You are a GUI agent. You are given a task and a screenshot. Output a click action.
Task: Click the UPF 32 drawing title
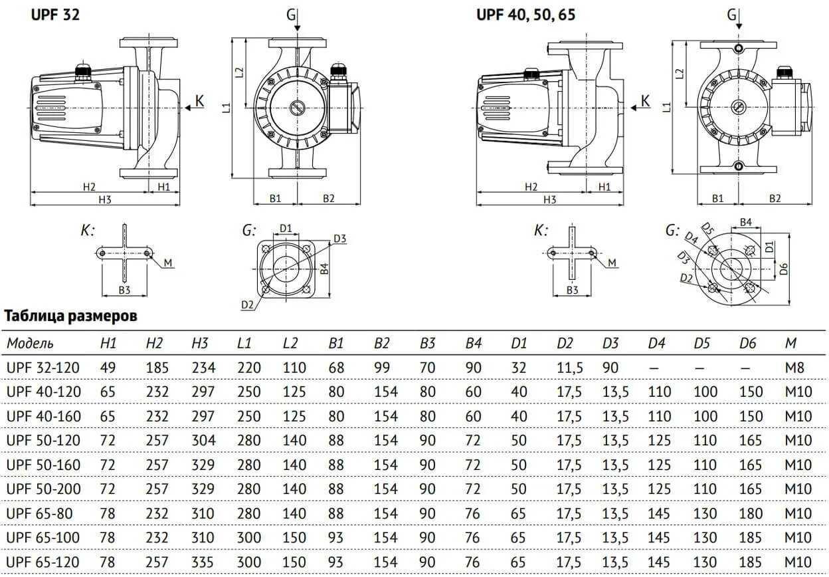[x=56, y=14]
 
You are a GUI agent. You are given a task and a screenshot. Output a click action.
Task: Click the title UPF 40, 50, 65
[x=525, y=14]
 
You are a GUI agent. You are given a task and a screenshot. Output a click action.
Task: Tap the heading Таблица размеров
[x=71, y=315]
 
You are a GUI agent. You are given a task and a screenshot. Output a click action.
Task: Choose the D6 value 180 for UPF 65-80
[x=751, y=513]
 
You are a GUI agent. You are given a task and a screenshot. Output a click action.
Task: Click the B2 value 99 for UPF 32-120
[x=382, y=368]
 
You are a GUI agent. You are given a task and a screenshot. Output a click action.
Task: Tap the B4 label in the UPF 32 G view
[x=323, y=269]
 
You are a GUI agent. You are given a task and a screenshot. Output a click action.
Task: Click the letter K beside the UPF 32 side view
[x=200, y=102]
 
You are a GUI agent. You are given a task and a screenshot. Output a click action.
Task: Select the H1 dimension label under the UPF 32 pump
[x=164, y=187]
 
